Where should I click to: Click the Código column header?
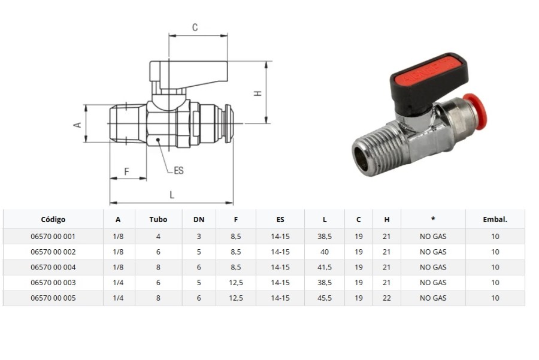[53, 219]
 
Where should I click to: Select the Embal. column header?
[495, 219]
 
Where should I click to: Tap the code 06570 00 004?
[53, 267]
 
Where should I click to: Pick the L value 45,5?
[325, 298]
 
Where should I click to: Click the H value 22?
[387, 298]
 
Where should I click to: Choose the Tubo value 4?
[158, 236]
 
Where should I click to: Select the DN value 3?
[199, 236]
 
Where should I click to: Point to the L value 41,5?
[325, 267]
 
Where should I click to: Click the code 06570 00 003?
[53, 283]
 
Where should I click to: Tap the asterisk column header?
[432, 219]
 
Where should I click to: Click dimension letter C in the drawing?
[195, 28]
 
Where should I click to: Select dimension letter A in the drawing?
[77, 124]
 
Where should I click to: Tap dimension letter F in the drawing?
[126, 171]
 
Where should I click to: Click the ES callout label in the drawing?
[178, 171]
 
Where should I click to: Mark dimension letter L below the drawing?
[172, 195]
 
